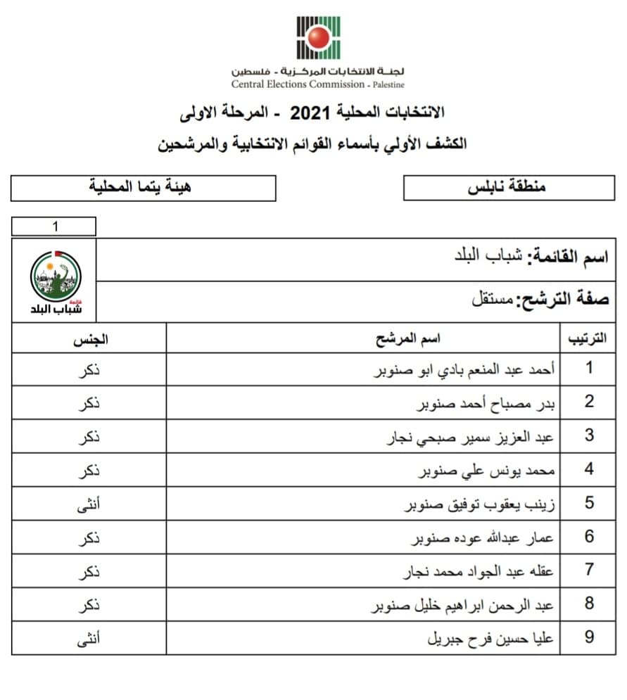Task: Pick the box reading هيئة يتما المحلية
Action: click(x=144, y=188)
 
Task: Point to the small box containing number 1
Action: click(x=54, y=227)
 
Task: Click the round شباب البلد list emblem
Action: click(x=56, y=276)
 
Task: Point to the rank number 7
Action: click(x=589, y=570)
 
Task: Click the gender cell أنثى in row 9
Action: click(x=88, y=638)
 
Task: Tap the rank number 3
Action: click(x=589, y=435)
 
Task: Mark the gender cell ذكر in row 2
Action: click(x=88, y=402)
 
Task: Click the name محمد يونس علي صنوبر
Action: click(x=486, y=470)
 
